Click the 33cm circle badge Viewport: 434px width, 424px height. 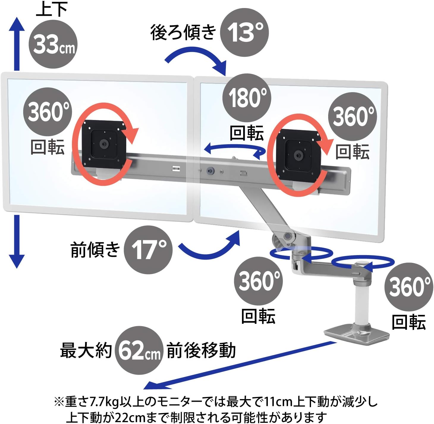coord(53,44)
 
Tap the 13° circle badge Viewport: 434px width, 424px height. coord(244,33)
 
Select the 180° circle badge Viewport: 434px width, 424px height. coord(247,98)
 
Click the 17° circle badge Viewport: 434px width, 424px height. coord(148,250)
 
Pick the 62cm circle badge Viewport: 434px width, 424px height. coord(139,350)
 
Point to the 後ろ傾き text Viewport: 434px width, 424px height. coord(183,33)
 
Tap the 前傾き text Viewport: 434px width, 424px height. coord(95,250)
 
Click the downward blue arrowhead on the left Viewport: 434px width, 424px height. coord(16,261)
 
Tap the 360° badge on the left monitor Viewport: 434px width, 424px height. coord(48,112)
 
